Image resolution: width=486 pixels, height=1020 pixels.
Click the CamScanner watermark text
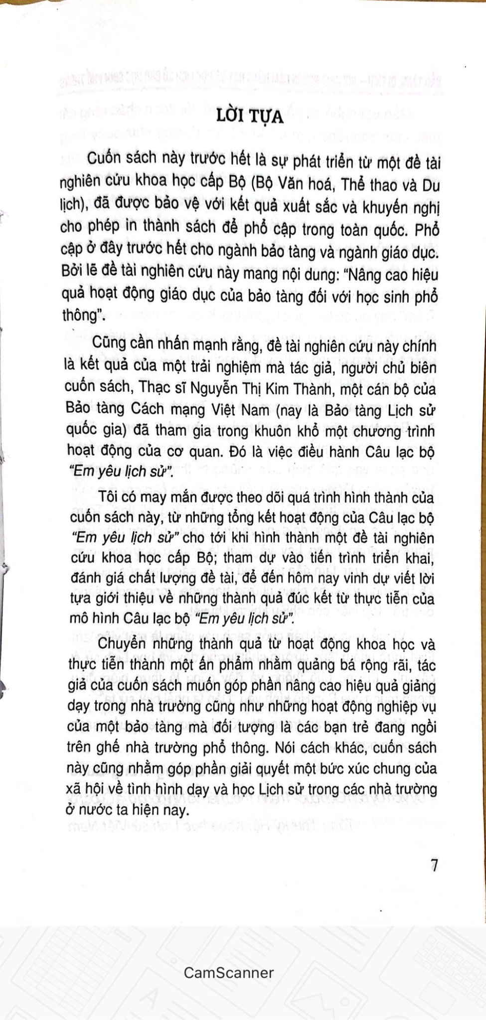[229, 958]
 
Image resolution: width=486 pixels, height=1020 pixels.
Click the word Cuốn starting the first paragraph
[103, 160]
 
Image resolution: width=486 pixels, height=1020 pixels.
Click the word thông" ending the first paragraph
[82, 316]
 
